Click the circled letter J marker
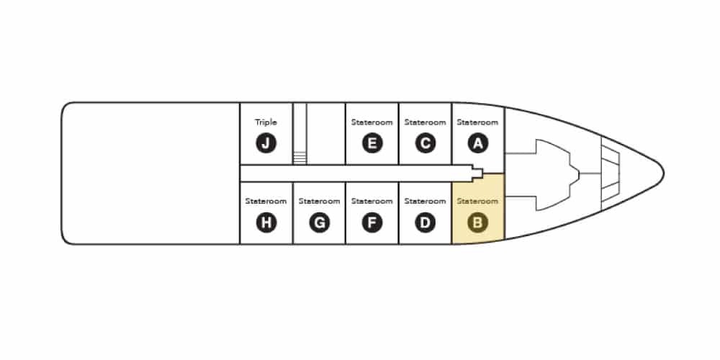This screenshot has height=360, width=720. click(266, 144)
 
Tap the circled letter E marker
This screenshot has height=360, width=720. click(372, 144)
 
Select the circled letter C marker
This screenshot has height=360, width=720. click(426, 144)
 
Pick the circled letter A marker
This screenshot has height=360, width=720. click(478, 144)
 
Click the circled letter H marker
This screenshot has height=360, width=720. click(266, 223)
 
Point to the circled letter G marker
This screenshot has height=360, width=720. click(319, 223)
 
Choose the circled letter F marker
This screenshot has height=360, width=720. click(372, 223)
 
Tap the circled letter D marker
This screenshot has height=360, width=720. click(426, 223)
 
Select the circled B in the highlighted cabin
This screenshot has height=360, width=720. click(478, 223)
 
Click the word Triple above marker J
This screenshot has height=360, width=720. click(266, 122)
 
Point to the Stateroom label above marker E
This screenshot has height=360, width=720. click(372, 122)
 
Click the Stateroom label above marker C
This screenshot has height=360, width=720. click(426, 122)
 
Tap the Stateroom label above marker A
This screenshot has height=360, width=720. click(477, 122)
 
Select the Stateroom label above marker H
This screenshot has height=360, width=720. click(266, 201)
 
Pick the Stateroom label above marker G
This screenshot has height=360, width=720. click(319, 201)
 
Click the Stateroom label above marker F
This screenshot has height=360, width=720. click(372, 201)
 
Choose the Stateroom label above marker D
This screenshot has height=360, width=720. click(426, 201)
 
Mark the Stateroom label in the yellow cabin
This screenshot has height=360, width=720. click(477, 201)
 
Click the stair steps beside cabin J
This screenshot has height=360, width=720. click(300, 158)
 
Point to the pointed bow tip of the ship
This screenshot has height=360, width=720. click(664, 173)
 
